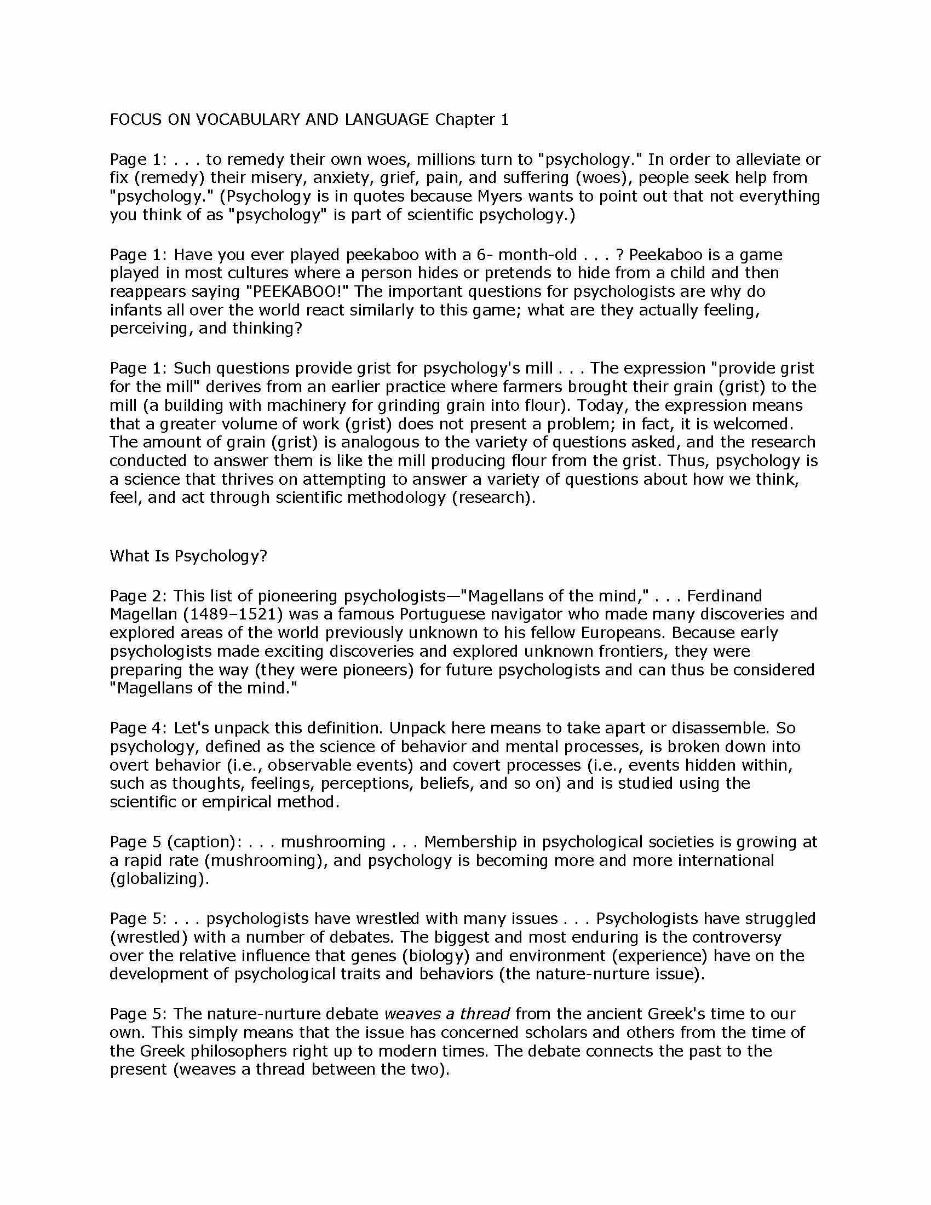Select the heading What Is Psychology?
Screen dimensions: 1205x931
(188, 555)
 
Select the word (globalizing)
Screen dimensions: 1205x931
(159, 879)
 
